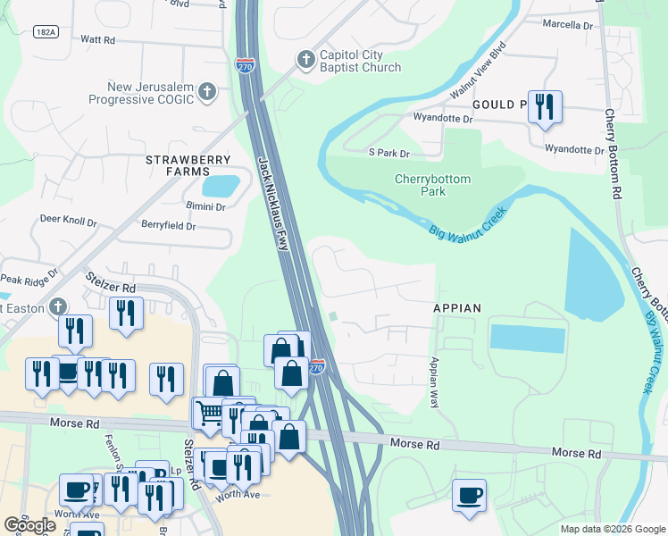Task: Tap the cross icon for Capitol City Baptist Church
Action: [x=305, y=60]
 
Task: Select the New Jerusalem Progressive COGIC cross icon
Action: [x=207, y=91]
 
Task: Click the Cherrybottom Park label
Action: [x=432, y=185]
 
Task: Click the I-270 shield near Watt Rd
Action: [x=244, y=65]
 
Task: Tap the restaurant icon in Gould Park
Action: [x=544, y=107]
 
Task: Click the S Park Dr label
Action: [x=388, y=154]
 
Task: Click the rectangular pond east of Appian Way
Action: [x=527, y=339]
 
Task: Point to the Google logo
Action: [x=30, y=524]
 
